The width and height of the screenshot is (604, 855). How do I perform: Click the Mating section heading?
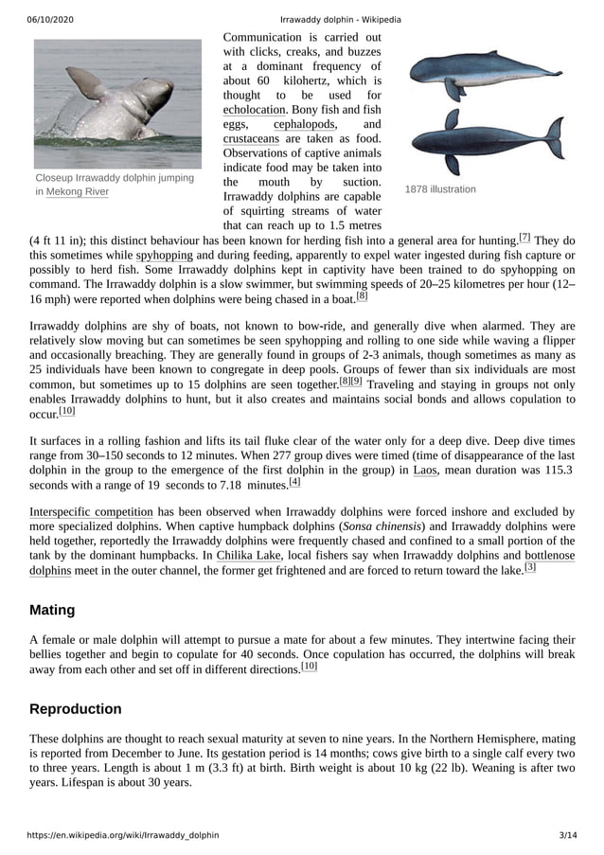[52, 610]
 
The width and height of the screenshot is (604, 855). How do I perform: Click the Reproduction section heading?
[76, 709]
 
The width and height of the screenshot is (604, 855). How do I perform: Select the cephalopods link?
[304, 124]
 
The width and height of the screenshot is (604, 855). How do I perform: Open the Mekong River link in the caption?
[78, 192]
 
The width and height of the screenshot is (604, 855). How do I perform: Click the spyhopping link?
[164, 256]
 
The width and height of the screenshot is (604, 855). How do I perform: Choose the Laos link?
[425, 470]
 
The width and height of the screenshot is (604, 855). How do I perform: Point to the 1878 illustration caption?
[440, 189]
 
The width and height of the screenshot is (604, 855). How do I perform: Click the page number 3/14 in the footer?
[567, 836]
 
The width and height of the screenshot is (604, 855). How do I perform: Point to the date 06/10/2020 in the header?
[52, 20]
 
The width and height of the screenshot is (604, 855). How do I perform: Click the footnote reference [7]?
[524, 237]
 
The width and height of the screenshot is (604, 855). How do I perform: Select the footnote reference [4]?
[294, 482]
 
